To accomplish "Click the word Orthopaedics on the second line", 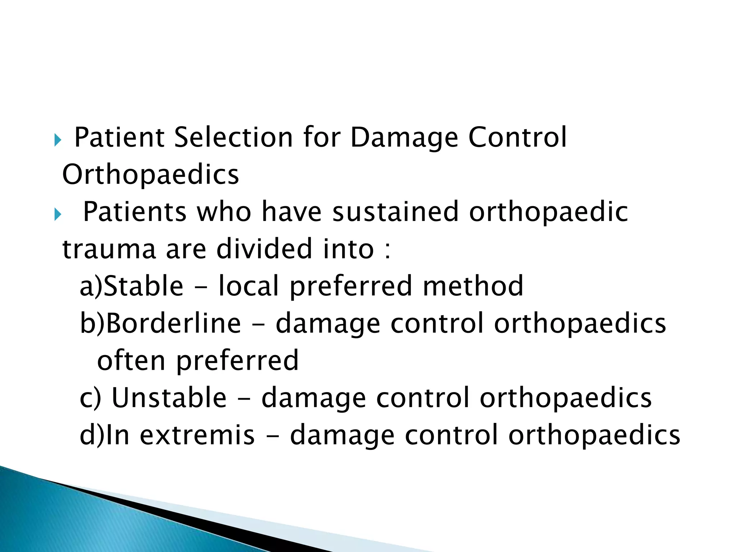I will click(150, 175).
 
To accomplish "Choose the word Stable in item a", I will click(143, 286).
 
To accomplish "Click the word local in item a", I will click(249, 286).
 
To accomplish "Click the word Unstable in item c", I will click(169, 398).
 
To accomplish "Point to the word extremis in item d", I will click(197, 435).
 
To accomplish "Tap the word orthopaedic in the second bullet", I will click(549, 213).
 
